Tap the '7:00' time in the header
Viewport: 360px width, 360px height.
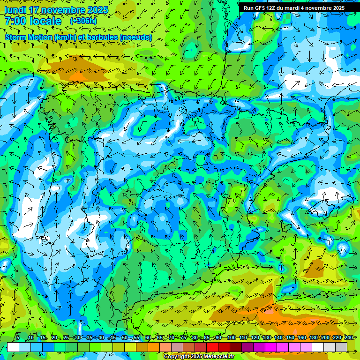15,21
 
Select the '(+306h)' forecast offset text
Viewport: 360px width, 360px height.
83,21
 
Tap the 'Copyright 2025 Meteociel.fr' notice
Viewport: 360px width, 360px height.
199,357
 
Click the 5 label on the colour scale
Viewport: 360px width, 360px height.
18,337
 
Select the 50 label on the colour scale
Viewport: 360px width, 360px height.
124,337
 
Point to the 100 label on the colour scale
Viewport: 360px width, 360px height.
231,337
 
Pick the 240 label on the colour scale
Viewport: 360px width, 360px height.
349,337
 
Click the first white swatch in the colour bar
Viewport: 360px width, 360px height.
13,347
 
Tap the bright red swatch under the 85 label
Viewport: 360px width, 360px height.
212,347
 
